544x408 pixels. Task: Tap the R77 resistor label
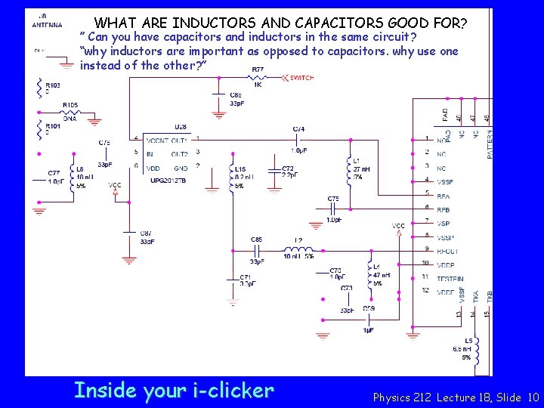click(258, 70)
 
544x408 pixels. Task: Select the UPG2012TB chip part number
click(167, 181)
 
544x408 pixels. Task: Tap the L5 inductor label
click(468, 341)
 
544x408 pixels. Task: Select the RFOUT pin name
click(448, 251)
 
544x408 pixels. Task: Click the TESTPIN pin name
click(450, 279)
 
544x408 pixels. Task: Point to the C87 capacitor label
click(146, 233)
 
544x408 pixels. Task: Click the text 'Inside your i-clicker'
click(174, 391)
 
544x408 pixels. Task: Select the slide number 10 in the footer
click(533, 397)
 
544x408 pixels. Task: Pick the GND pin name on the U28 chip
click(181, 168)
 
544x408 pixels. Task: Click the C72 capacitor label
click(287, 168)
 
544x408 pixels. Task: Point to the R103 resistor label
click(53, 85)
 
